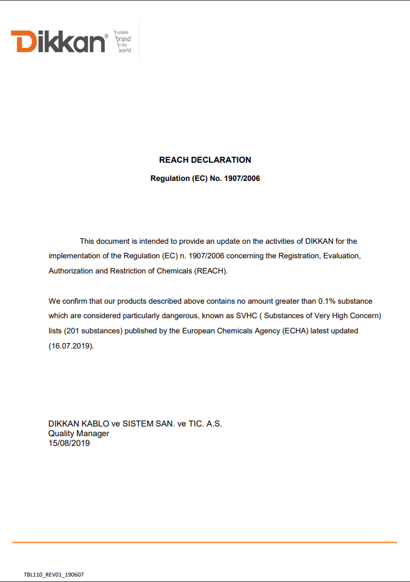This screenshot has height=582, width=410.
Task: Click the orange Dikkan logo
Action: (x=58, y=41)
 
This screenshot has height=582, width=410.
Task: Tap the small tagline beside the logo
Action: (x=123, y=41)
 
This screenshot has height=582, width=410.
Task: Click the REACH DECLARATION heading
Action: (x=205, y=160)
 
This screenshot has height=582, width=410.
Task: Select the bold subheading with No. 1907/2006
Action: (x=205, y=178)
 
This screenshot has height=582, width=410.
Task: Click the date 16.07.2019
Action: (x=71, y=346)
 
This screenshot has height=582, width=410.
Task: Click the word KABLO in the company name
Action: (x=94, y=423)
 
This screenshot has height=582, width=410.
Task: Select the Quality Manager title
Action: (x=79, y=433)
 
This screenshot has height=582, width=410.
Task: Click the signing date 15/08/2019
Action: (x=69, y=443)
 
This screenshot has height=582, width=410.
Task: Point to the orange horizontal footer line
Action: (x=205, y=542)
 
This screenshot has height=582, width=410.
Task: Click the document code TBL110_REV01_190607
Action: (x=54, y=574)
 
